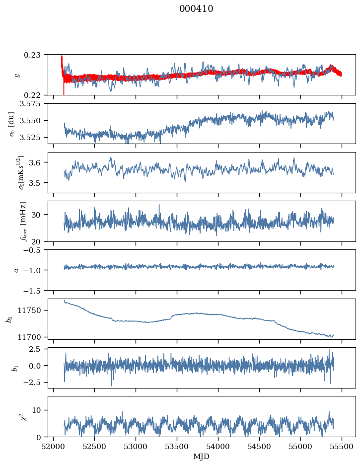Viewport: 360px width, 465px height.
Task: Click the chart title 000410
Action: [x=196, y=9]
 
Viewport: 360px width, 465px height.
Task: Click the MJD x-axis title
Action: [x=201, y=456]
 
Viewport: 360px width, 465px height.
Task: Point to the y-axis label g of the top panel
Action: [x=18, y=75]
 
